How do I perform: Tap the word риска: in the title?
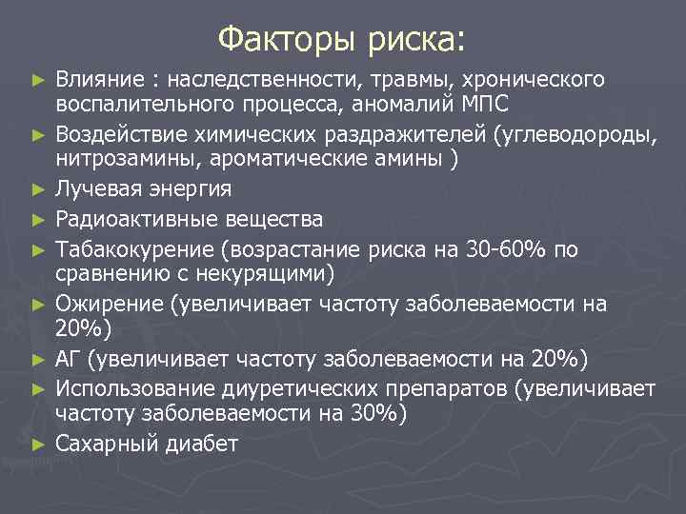pyautogui.click(x=415, y=39)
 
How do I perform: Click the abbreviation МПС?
pyautogui.click(x=482, y=102)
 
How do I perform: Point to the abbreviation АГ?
pyautogui.click(x=70, y=360)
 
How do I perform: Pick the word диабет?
pyautogui.click(x=199, y=443)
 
